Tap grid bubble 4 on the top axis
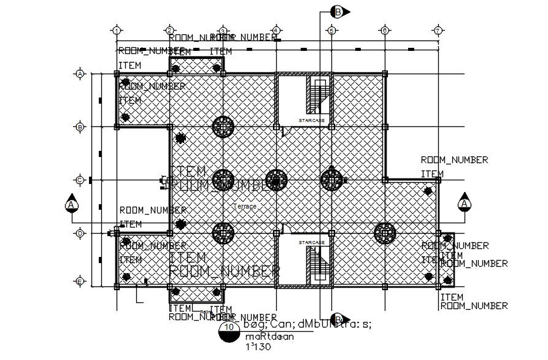[x=276, y=30]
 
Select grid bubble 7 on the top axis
[x=438, y=30]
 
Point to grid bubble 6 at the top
[x=384, y=30]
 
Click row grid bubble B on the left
[x=80, y=127]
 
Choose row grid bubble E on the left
[x=80, y=281]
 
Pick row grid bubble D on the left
[x=80, y=233]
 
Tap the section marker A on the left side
[x=72, y=204]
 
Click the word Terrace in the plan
[x=245, y=207]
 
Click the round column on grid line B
[x=223, y=127]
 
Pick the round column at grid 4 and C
[x=276, y=180]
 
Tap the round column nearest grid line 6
[x=385, y=232]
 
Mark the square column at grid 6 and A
[x=385, y=74]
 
